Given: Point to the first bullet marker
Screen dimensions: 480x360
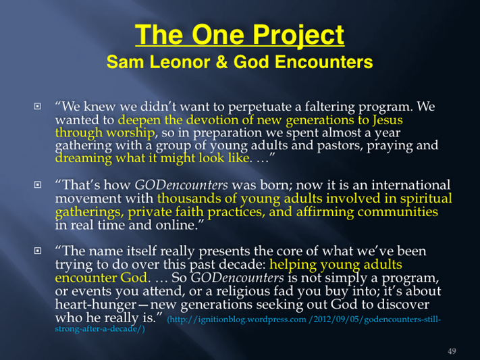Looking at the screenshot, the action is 37,106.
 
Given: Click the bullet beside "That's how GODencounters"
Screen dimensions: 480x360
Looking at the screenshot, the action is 37,185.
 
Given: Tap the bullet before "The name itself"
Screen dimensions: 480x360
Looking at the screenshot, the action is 37,251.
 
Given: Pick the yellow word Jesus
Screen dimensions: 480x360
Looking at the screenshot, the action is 388,120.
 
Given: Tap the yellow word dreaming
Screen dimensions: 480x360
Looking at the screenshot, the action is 83,158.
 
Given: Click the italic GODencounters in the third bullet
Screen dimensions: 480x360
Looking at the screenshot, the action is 237,278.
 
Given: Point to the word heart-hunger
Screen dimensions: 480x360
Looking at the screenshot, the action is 95,305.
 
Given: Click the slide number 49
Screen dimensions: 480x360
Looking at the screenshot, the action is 452,351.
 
